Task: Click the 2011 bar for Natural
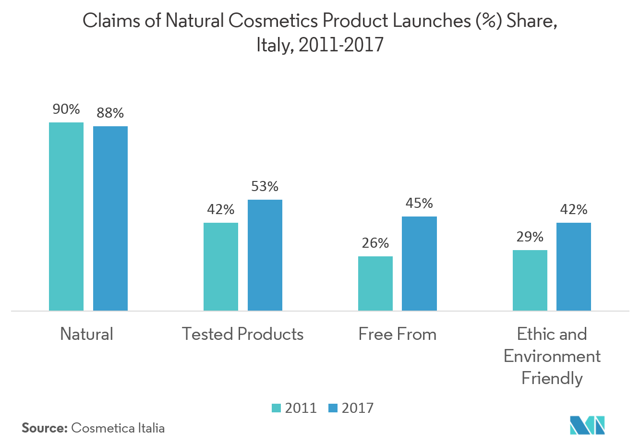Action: pyautogui.click(x=66, y=216)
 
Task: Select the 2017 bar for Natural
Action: pyautogui.click(x=110, y=218)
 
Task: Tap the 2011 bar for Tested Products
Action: pyautogui.click(x=221, y=266)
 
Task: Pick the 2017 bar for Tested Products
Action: pyautogui.click(x=265, y=255)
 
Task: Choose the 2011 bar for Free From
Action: pyautogui.click(x=375, y=283)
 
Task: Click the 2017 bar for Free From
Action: pyautogui.click(x=419, y=264)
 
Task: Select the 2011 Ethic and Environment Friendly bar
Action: pyautogui.click(x=530, y=280)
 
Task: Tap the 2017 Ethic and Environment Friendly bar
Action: pyautogui.click(x=574, y=266)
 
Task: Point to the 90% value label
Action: pyautogui.click(x=66, y=109)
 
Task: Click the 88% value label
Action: pyautogui.click(x=110, y=113)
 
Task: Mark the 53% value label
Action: pyautogui.click(x=265, y=187)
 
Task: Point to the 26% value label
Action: pyautogui.click(x=375, y=243)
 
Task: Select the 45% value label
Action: pyautogui.click(x=419, y=204)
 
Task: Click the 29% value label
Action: pyautogui.click(x=530, y=237)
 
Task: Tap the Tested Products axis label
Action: pyautogui.click(x=243, y=334)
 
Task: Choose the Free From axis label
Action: pyautogui.click(x=398, y=334)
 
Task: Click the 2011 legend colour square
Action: pyautogui.click(x=276, y=409)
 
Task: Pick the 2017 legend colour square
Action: pyautogui.click(x=333, y=409)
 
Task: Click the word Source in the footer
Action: pyautogui.click(x=44, y=428)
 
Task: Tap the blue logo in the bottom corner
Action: pyautogui.click(x=587, y=425)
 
